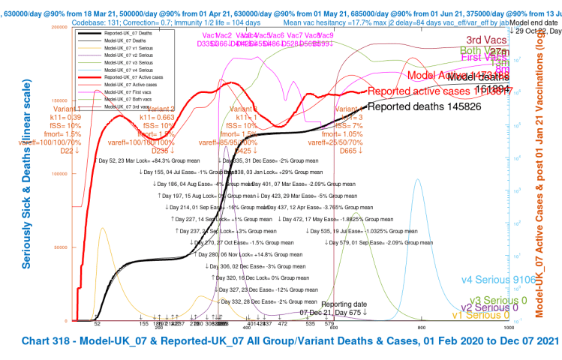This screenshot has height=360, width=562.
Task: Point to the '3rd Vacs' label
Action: (485, 40)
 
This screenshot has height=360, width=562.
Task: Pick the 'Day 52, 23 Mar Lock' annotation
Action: (132, 160)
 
